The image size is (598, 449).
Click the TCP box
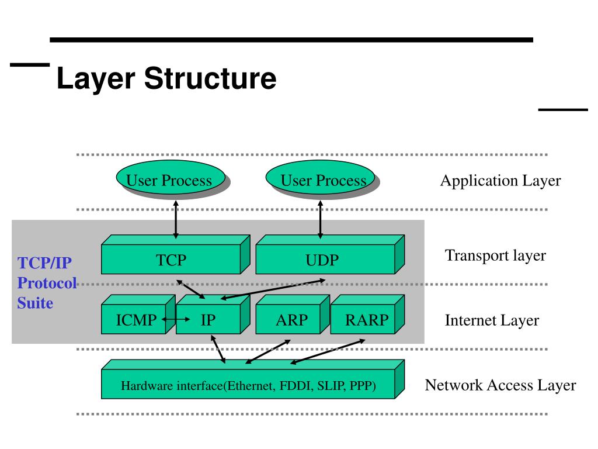(175, 255)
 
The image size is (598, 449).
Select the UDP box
(330, 255)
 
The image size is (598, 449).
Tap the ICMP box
(138, 315)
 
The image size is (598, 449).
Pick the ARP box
(293, 315)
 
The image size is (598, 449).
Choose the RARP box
(367, 315)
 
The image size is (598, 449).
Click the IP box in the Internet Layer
(213, 315)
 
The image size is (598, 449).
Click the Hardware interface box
(252, 379)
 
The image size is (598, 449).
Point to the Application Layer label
(500, 181)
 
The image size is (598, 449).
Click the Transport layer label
(495, 255)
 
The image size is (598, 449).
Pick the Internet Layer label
(492, 320)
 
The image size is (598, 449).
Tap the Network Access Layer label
(500, 385)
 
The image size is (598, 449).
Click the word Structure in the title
(210, 78)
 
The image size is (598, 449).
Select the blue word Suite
(35, 303)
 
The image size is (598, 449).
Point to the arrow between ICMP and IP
(176, 319)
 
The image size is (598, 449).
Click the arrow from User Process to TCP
(176, 220)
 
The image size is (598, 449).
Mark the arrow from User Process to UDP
(321, 220)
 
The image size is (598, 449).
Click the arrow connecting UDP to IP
(273, 289)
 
